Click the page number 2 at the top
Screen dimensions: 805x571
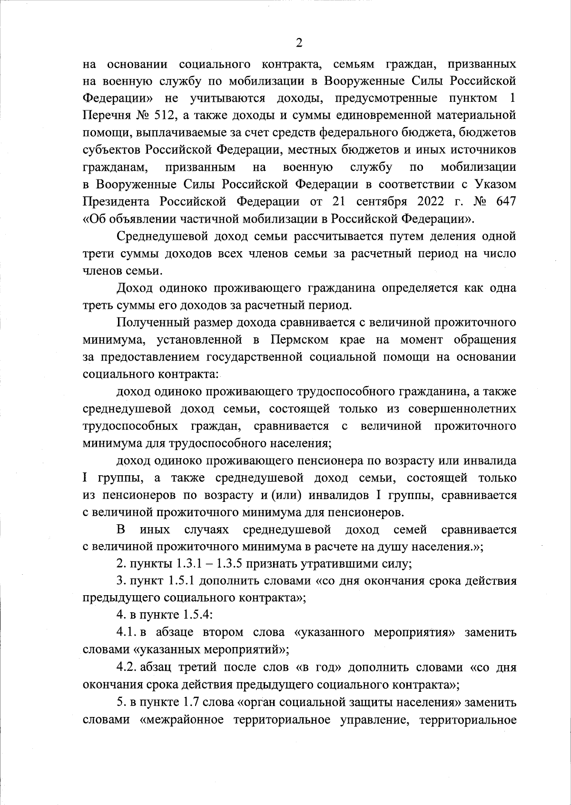click(299, 43)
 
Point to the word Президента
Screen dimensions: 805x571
click(117, 201)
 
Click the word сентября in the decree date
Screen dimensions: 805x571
click(379, 201)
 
